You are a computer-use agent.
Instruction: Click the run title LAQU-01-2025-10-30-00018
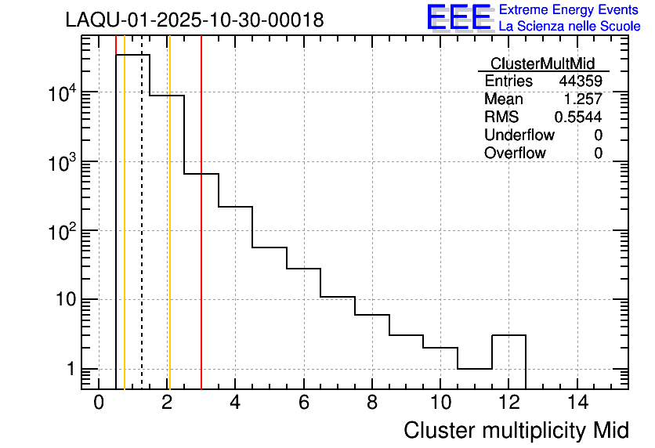(x=194, y=20)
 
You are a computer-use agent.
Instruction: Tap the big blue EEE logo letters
(x=459, y=18)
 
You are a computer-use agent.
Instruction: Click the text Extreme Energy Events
(x=570, y=10)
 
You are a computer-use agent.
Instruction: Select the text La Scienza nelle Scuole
(x=570, y=27)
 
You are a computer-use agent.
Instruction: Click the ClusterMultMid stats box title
(x=542, y=63)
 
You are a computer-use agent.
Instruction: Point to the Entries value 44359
(x=581, y=81)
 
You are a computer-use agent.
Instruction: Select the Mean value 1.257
(x=584, y=99)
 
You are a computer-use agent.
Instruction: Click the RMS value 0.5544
(x=578, y=117)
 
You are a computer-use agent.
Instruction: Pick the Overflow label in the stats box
(x=515, y=154)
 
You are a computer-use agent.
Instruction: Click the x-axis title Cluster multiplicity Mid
(x=516, y=430)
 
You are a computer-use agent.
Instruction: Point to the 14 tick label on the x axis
(x=577, y=403)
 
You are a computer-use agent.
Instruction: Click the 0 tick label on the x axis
(x=99, y=403)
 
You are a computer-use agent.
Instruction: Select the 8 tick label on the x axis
(x=372, y=403)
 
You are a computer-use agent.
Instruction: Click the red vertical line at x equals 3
(x=201, y=235)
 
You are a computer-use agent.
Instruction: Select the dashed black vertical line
(x=142, y=235)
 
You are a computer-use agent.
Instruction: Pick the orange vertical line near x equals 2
(x=169, y=235)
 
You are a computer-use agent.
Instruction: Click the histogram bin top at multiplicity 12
(x=508, y=335)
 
